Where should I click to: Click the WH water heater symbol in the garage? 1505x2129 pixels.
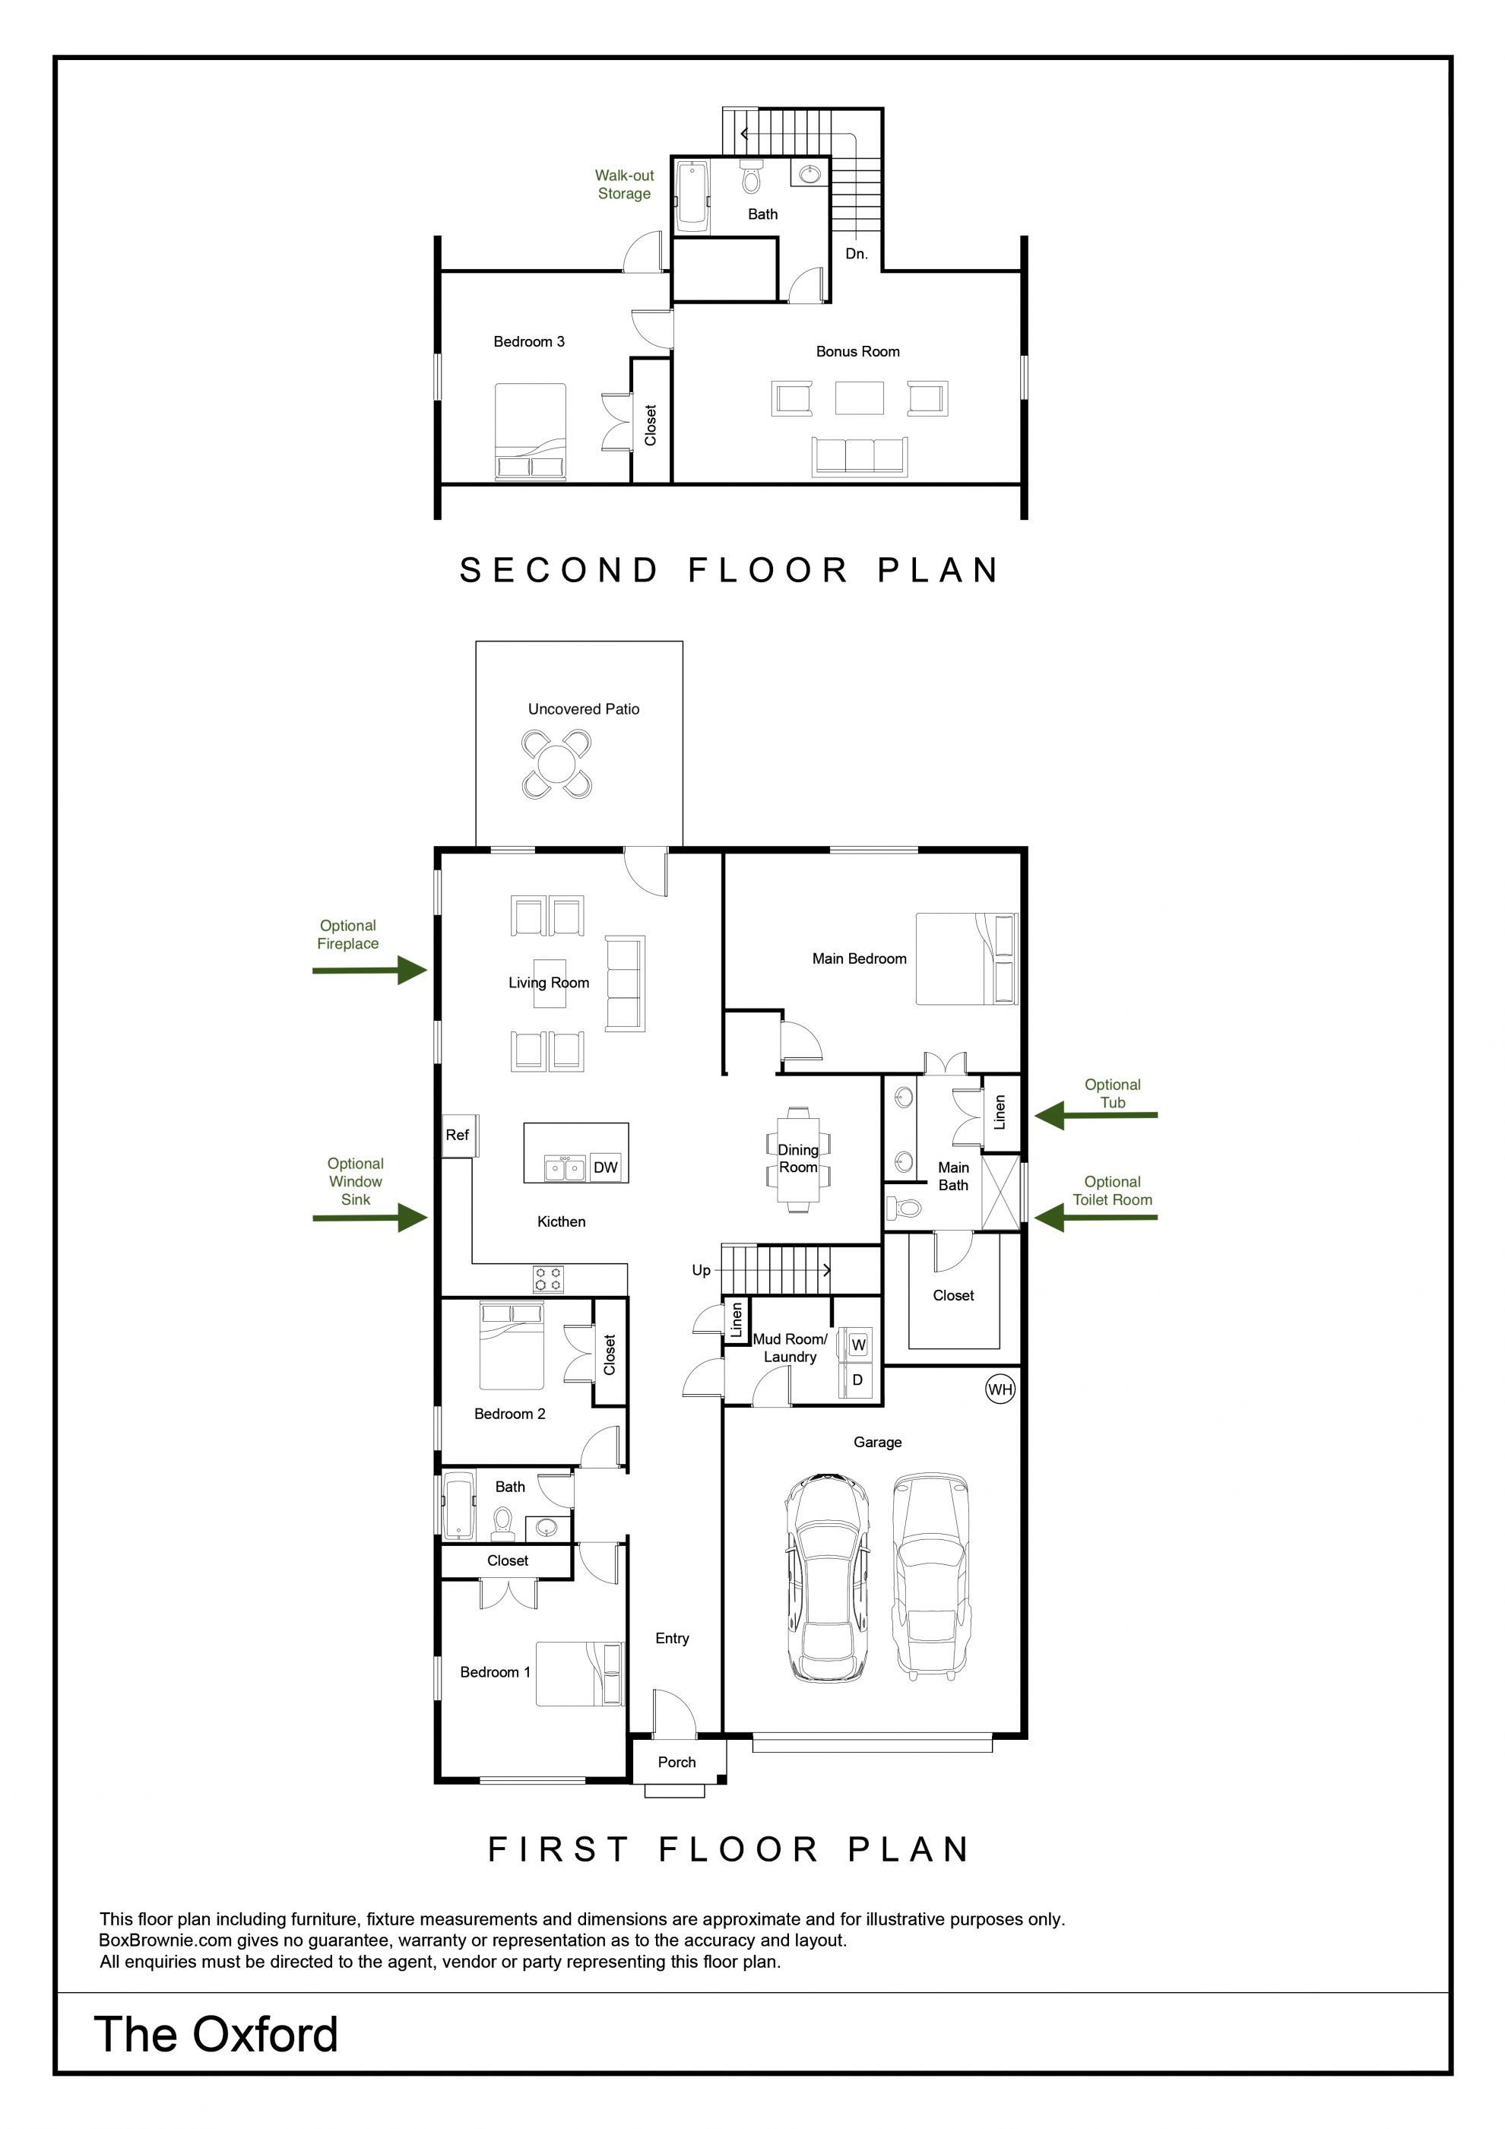point(1000,1388)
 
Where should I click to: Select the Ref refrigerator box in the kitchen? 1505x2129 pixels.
point(458,1135)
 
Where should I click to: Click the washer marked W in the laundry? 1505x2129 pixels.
point(857,1345)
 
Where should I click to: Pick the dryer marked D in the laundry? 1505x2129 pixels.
point(857,1380)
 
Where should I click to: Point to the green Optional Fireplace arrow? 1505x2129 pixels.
point(369,971)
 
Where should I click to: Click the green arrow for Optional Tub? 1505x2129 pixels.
point(1096,1116)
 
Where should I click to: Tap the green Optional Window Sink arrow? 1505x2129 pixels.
point(370,1218)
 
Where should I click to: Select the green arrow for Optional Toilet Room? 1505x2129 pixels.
point(1096,1218)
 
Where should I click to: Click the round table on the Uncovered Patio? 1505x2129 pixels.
point(556,765)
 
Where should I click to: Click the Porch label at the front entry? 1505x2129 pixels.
point(677,1762)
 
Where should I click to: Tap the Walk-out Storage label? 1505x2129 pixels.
point(624,185)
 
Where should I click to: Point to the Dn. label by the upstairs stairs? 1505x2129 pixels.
point(857,253)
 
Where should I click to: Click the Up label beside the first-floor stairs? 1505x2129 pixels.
point(701,1270)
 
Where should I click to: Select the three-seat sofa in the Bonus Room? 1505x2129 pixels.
point(860,456)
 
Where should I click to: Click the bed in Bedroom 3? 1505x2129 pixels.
point(531,431)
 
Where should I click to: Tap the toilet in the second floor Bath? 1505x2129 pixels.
point(751,174)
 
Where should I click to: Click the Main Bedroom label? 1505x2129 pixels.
point(860,958)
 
